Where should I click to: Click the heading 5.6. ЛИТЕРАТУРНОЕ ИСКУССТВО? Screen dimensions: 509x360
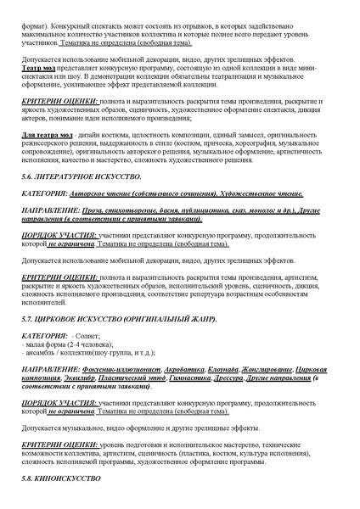81,174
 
